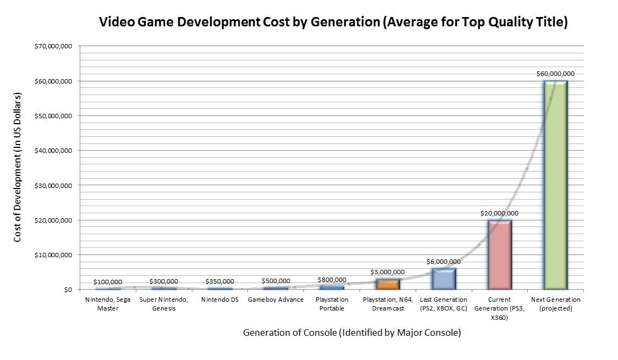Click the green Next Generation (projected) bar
point(555,185)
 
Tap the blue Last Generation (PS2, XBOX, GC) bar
point(444,279)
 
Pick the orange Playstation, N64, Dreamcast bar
point(388,284)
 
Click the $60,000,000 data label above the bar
point(555,74)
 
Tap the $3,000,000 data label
point(388,272)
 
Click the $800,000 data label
point(332,280)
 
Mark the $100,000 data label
point(108,282)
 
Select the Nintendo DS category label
point(220,300)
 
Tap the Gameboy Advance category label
point(276,300)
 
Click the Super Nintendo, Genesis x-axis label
point(164,304)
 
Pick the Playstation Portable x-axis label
point(332,304)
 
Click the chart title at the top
point(333,23)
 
